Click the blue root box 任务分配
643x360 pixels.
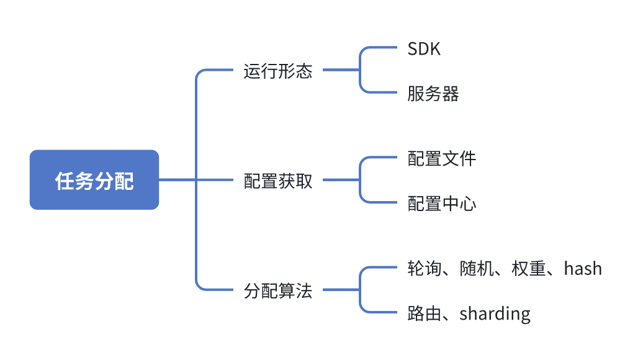[94, 180]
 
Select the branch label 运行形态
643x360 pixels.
[277, 71]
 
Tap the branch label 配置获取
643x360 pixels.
[277, 181]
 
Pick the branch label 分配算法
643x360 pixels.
[277, 290]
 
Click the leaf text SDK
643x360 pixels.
[424, 49]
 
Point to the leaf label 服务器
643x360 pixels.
[433, 94]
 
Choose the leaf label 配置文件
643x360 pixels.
[441, 158]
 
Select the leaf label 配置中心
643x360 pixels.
[441, 203]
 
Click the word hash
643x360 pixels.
[583, 269]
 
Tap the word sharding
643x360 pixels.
[495, 313]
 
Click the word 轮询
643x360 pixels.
[425, 269]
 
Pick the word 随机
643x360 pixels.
[476, 269]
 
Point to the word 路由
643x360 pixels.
[425, 313]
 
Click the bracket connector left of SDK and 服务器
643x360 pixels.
[361, 70]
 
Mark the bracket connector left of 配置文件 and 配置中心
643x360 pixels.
[361, 180]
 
